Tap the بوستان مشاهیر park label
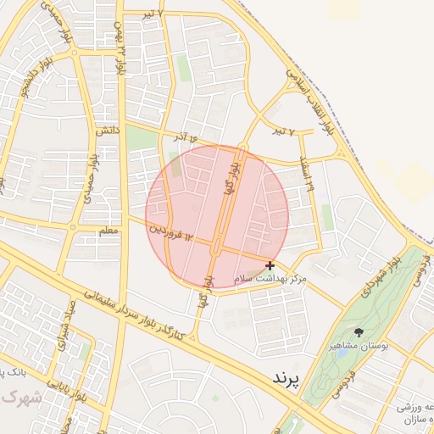tap(359, 347)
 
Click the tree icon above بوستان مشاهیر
tap(359, 332)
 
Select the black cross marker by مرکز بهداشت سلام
tap(270, 265)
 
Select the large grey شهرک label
tap(19, 397)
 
